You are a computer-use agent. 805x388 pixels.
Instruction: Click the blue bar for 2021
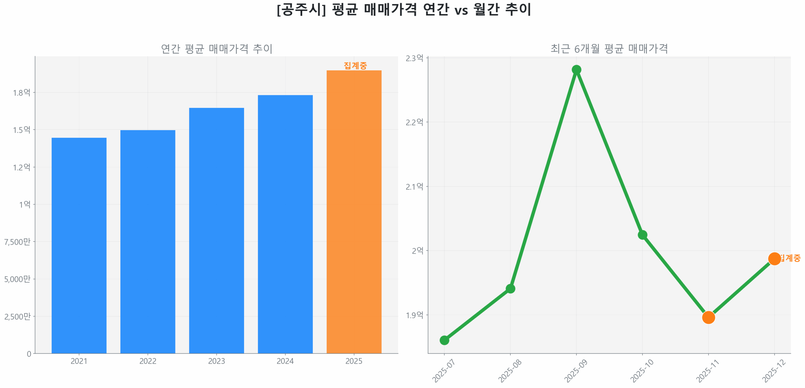tap(79, 245)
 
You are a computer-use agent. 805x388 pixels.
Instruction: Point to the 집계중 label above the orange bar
tap(355, 65)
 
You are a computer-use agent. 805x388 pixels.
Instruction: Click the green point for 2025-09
tap(576, 70)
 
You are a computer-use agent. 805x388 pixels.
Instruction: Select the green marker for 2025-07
tap(444, 340)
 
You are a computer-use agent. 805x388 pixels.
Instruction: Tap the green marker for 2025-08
tap(510, 288)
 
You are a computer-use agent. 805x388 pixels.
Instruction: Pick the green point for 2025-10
tap(642, 235)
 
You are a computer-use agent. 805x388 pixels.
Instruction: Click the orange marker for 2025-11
tap(708, 317)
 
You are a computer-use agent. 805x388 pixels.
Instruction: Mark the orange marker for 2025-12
tap(774, 258)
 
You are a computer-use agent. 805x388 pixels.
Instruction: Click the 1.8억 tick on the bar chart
tap(21, 92)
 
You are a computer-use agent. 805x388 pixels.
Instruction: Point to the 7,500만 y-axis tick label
tap(17, 241)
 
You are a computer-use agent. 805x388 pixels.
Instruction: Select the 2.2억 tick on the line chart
tap(414, 122)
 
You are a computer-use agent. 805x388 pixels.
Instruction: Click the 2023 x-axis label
tap(216, 361)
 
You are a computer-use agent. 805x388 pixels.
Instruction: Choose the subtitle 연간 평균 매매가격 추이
tap(216, 49)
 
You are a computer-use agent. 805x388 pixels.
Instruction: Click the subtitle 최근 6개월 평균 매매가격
tap(609, 49)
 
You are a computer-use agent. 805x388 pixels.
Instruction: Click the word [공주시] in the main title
tap(301, 9)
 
